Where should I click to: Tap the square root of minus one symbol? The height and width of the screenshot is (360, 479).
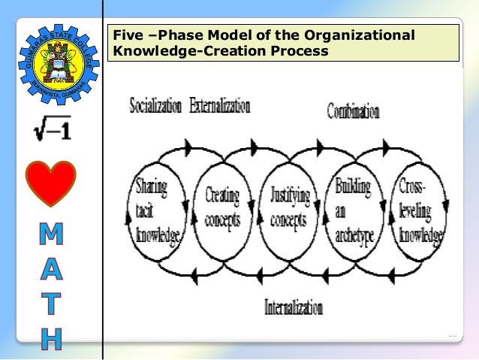coord(51,131)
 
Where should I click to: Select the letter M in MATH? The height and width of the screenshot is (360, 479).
coord(51,237)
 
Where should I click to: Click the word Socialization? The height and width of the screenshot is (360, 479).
coord(155,106)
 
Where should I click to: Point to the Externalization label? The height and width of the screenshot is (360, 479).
coord(219,106)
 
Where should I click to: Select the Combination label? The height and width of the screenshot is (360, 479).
coord(353,113)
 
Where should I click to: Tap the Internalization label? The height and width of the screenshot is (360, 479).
coord(294,307)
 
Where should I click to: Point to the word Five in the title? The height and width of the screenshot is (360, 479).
coord(125,36)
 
